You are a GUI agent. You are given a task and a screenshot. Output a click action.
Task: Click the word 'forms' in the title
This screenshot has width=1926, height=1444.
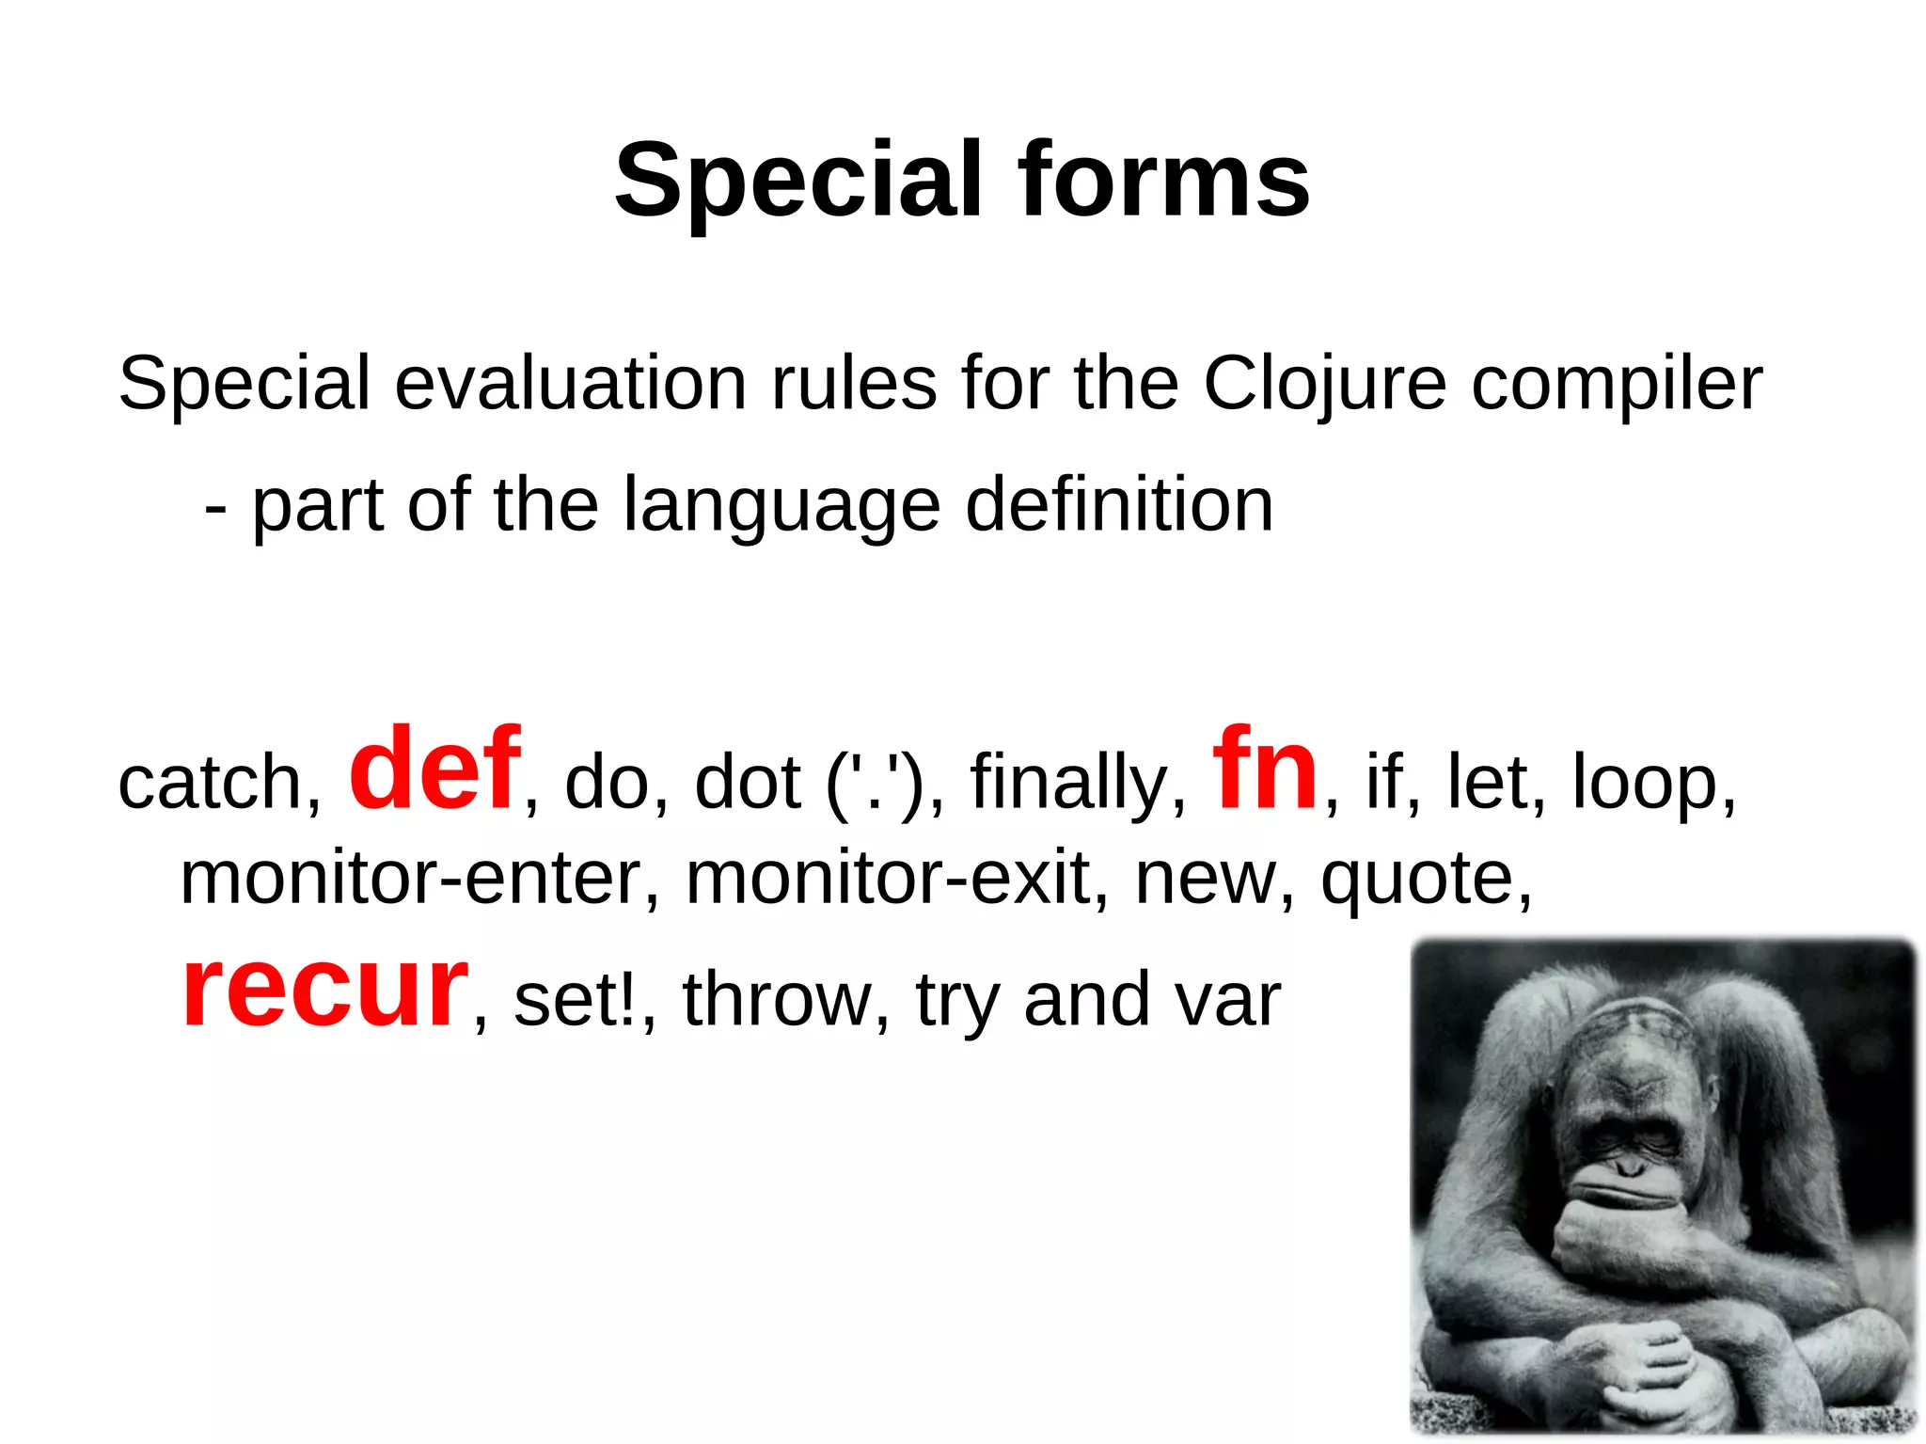coord(1163,180)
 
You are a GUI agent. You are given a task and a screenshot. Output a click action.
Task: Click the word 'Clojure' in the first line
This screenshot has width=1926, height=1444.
coord(1324,384)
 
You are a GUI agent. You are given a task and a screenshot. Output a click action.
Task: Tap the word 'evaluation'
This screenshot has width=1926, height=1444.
coord(570,384)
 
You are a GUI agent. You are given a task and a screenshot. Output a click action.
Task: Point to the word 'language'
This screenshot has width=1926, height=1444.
coord(781,507)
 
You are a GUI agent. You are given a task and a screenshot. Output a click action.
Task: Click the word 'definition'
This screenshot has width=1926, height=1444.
coord(1119,505)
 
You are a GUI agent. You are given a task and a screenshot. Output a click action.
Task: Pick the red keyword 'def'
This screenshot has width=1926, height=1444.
coord(434,769)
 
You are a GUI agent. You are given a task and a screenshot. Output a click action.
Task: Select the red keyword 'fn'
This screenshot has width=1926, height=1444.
coord(1265,769)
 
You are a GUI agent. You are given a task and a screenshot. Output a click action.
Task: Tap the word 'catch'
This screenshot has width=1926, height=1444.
coord(216,783)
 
